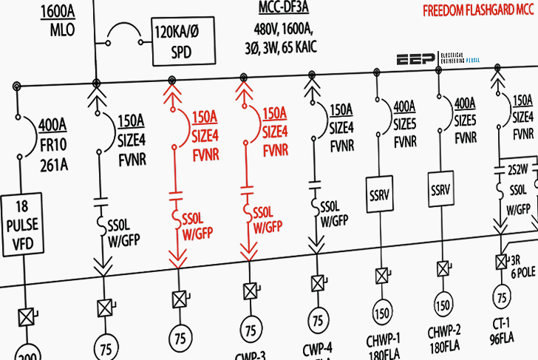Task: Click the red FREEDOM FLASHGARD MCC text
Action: [x=477, y=11]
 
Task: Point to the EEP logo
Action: [x=418, y=61]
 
